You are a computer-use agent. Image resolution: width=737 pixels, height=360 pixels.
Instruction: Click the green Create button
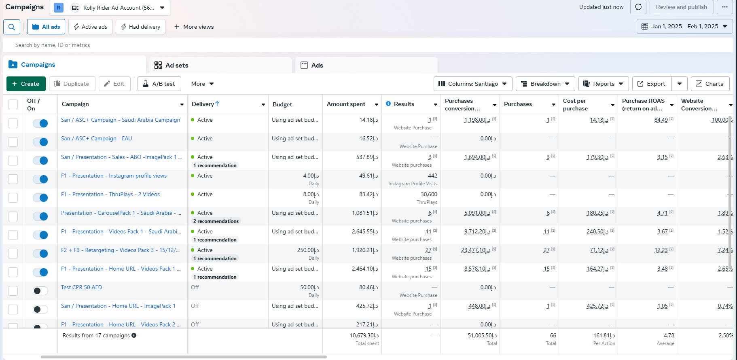(x=26, y=84)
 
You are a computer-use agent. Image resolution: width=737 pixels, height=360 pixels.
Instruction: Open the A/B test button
(x=159, y=84)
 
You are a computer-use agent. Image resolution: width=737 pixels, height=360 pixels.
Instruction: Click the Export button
(x=652, y=84)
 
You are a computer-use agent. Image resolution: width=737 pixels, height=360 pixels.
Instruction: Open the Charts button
(x=710, y=84)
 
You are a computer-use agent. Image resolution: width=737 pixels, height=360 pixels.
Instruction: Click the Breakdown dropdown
(x=545, y=84)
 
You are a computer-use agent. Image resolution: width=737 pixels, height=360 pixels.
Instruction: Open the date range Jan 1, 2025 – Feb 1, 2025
(x=684, y=26)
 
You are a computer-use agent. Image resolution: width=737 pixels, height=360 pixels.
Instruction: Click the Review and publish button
(x=681, y=7)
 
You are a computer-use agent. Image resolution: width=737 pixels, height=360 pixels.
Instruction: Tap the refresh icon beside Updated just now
(x=638, y=7)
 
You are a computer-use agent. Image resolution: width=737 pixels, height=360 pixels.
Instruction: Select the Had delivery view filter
(x=140, y=27)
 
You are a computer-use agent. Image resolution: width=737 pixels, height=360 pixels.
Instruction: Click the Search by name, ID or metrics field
(x=368, y=45)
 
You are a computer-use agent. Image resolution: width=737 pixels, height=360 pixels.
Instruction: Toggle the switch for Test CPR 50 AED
(x=40, y=291)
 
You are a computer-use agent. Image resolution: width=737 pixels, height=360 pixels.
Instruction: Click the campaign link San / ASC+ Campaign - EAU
(x=96, y=138)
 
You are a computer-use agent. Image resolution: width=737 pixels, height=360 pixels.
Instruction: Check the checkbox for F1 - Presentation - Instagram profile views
(x=13, y=179)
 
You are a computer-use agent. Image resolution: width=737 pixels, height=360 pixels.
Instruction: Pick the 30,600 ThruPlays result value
(x=429, y=194)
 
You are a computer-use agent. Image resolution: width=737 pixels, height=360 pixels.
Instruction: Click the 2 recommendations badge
(x=216, y=221)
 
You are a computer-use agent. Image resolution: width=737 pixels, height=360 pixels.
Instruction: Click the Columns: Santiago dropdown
(x=473, y=84)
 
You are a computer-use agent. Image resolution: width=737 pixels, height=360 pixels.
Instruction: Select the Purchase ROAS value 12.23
(x=661, y=250)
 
